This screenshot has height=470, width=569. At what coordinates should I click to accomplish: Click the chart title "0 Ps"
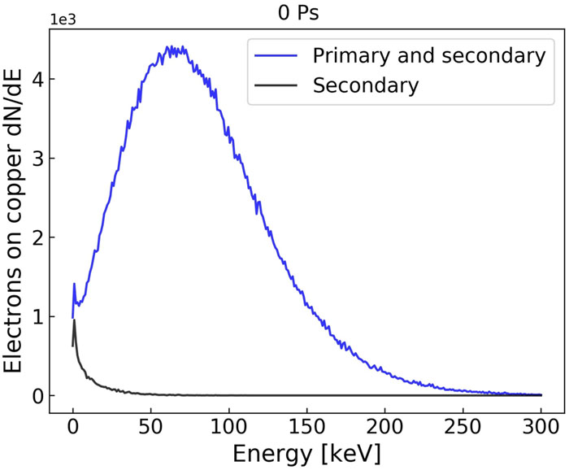(298, 13)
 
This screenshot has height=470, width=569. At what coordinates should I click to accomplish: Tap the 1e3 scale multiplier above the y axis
(63, 20)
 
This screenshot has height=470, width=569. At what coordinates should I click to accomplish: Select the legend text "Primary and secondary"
(429, 56)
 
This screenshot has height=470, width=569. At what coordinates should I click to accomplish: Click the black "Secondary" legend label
(366, 85)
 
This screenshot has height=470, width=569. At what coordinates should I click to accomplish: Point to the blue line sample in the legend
(276, 55)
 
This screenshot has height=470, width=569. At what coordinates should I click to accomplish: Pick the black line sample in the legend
(276, 85)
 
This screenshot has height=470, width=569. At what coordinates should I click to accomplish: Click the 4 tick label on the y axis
(38, 79)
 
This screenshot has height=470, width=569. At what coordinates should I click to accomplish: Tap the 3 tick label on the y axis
(38, 159)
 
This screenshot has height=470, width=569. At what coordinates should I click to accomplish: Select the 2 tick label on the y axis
(38, 237)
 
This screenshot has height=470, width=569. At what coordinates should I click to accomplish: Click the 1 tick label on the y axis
(38, 316)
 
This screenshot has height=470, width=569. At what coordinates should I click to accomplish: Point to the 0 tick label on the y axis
(38, 396)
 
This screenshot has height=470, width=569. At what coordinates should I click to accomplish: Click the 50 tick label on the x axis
(150, 427)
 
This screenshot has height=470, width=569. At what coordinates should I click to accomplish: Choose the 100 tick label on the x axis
(229, 427)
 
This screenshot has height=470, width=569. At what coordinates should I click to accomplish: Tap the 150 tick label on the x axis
(307, 427)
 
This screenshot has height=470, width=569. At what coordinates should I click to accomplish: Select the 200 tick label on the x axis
(385, 427)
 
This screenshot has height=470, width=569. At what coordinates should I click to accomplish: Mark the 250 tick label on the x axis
(463, 427)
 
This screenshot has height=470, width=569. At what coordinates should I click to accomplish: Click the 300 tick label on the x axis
(541, 427)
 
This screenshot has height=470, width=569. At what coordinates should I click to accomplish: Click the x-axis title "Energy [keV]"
(307, 454)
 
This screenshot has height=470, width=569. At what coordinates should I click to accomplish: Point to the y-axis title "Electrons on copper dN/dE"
(13, 221)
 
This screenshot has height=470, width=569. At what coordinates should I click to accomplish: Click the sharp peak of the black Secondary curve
(75, 320)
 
